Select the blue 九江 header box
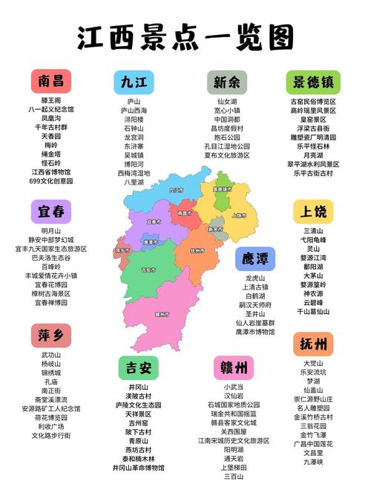[134, 82]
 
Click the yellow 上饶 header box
[312, 212]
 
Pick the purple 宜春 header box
[51, 212]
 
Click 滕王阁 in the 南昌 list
[51, 100]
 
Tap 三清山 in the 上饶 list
[312, 231]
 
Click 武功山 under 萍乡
[51, 355]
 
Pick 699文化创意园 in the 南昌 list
[51, 180]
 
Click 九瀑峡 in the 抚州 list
[312, 461]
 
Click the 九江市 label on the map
[176, 189]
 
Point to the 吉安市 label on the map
[148, 270]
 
